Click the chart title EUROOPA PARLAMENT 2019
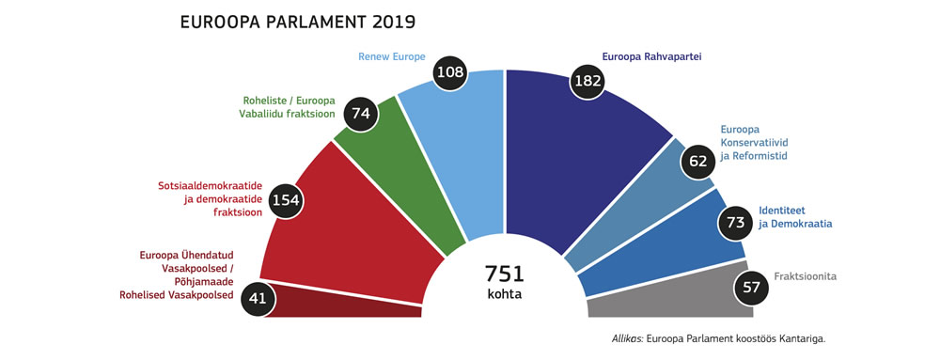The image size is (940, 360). (x=297, y=21)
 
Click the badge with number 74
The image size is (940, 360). (x=359, y=113)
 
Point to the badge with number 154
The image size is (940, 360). (x=288, y=199)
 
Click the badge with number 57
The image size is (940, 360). (x=751, y=286)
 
